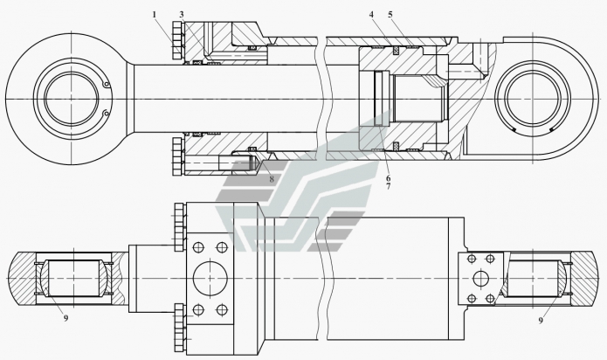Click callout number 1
point(154,15)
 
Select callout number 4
point(370,14)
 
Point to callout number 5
point(390,14)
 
